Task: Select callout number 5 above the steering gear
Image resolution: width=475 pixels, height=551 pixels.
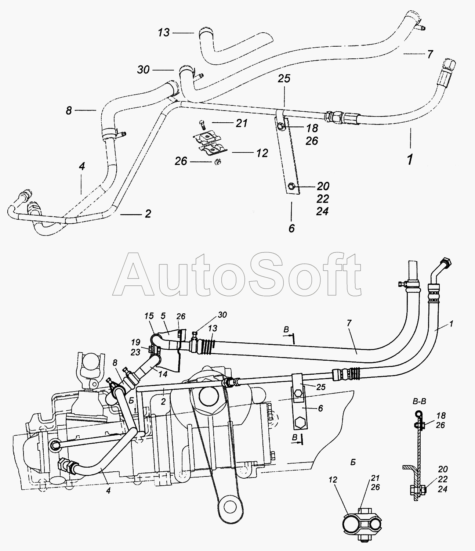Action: (163, 316)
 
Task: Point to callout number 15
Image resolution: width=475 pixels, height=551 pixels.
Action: (149, 316)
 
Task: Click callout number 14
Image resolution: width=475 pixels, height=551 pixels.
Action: (163, 374)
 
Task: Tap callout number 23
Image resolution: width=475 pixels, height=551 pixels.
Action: (135, 352)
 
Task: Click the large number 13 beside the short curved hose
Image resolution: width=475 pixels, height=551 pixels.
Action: (164, 33)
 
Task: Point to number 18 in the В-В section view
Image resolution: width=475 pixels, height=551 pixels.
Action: (441, 415)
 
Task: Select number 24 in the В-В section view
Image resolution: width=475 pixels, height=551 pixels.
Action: (442, 489)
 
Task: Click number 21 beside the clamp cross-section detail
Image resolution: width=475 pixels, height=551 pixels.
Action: (375, 478)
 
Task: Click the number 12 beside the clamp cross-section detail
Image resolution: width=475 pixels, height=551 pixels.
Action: (333, 480)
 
